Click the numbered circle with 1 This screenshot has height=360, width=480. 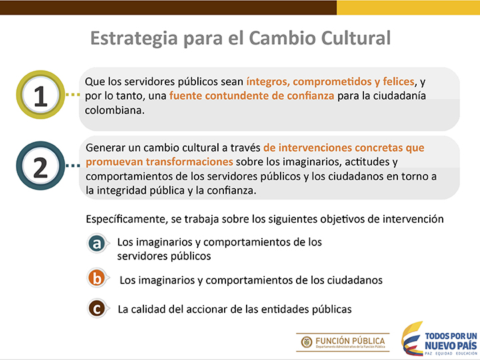[x=41, y=95]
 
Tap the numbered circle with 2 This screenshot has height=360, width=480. [x=41, y=165]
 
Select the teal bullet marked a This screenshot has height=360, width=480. [x=97, y=244]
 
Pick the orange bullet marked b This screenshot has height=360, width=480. [x=97, y=278]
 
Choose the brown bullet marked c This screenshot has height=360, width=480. [x=97, y=309]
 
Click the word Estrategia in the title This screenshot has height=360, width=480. [x=134, y=39]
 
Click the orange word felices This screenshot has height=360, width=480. [x=399, y=81]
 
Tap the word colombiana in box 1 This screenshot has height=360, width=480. [x=115, y=110]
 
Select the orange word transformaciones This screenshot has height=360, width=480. [x=189, y=161]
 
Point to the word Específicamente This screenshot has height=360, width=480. [x=127, y=219]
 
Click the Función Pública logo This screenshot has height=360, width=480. [x=343, y=342]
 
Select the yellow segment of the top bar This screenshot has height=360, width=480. [x=409, y=7]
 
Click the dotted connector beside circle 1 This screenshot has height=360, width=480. [x=73, y=95]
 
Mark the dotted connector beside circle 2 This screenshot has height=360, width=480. [x=73, y=165]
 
